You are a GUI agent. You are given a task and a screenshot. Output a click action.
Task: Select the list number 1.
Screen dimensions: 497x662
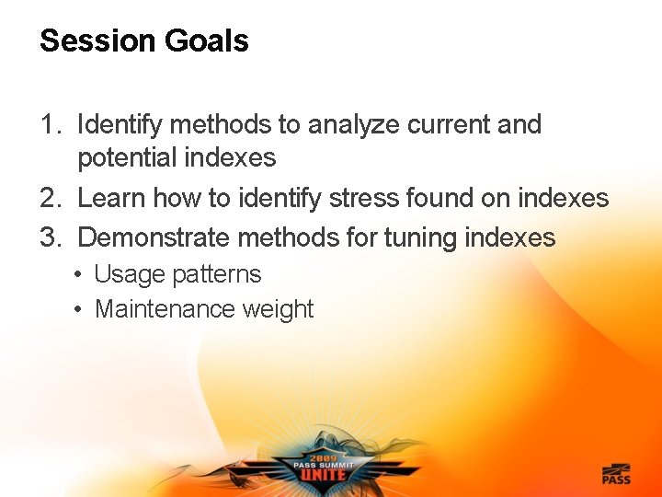[x=49, y=124]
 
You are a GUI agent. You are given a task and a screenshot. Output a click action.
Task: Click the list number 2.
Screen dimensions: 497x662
[x=49, y=198]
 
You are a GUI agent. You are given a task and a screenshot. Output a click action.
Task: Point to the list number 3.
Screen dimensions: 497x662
[x=49, y=237]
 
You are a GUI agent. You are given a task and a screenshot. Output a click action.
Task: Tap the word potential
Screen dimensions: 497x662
[x=128, y=158]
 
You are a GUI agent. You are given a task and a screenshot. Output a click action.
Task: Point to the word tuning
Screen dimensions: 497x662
[x=422, y=237]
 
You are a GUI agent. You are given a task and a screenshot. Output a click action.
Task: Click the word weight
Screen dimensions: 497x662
[x=278, y=309]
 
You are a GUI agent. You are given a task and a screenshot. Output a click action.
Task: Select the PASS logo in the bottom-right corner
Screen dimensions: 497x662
[x=616, y=473]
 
